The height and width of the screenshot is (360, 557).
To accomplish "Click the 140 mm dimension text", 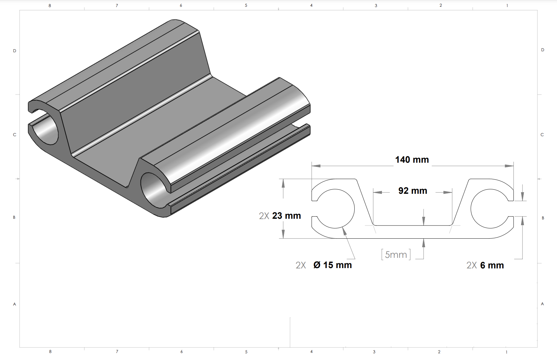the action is click(412, 160).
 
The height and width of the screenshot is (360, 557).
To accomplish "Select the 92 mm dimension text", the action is click(413, 191).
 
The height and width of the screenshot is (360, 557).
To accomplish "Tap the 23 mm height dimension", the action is click(287, 216).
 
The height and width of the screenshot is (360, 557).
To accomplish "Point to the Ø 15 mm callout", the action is click(333, 265).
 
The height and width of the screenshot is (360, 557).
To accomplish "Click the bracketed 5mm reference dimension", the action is click(396, 255).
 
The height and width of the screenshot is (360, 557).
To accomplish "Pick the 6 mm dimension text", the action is click(492, 265).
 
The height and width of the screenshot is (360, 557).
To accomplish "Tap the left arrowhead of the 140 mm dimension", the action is click(316, 166).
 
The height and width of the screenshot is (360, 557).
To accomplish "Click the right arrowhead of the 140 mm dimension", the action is click(509, 166).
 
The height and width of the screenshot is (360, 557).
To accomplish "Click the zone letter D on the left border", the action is click(14, 51).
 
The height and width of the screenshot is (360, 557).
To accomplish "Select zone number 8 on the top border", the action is click(50, 5).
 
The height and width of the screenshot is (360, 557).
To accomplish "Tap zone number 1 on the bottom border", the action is click(506, 352).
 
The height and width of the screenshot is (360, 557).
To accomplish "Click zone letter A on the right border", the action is click(542, 304).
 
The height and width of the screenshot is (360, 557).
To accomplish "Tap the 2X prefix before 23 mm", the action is click(264, 216).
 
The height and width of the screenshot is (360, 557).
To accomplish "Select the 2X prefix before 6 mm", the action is click(472, 265).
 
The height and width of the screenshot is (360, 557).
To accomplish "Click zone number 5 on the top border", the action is click(246, 5).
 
